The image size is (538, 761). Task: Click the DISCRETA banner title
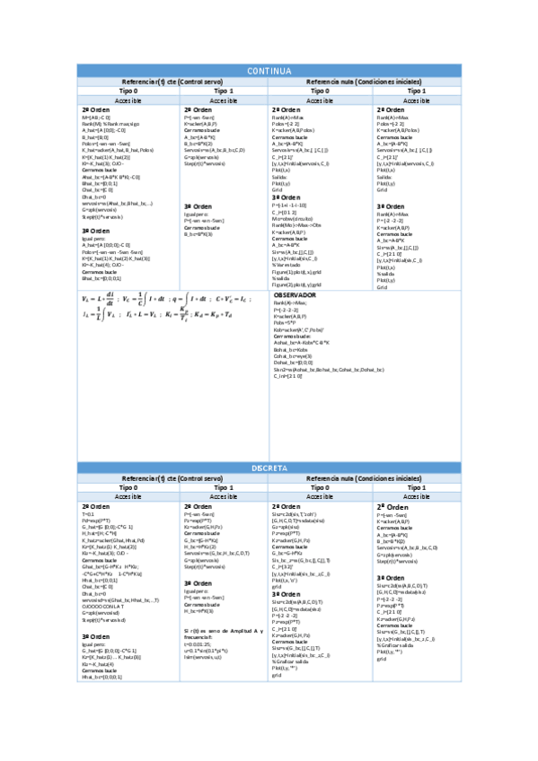[269, 468]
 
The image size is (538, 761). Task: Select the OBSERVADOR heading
[294, 319]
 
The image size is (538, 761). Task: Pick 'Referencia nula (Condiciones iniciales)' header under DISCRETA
[364, 481]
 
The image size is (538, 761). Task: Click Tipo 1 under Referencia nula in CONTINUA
[417, 92]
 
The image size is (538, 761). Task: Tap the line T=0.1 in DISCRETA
[88, 515]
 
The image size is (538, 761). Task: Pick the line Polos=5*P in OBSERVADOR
[286, 347]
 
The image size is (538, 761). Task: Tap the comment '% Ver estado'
[287, 265]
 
